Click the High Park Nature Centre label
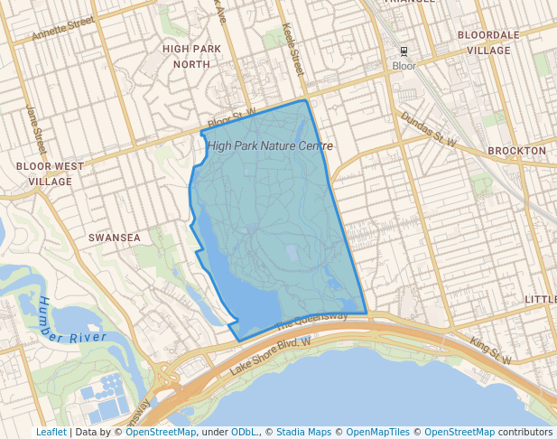coord(270,145)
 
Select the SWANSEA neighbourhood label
coord(115,238)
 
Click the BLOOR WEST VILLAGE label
coord(50,173)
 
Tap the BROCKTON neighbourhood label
coord(516,150)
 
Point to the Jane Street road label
coord(35,126)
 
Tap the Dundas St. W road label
coord(429,129)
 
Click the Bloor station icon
coord(404,51)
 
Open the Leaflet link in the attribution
coord(51,433)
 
